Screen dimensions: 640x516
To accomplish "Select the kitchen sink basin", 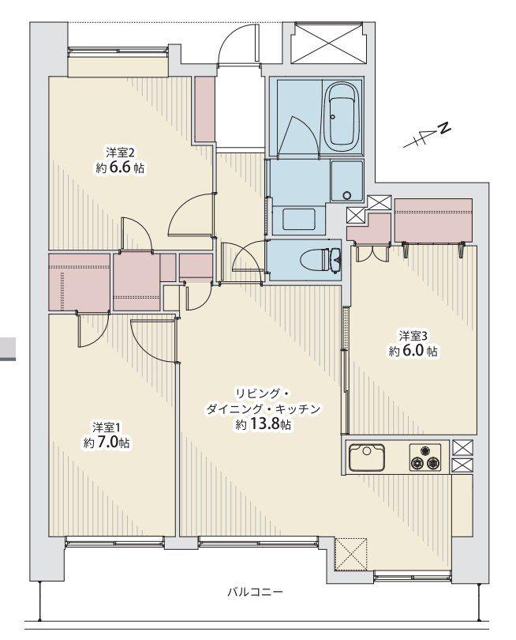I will coord(366,457).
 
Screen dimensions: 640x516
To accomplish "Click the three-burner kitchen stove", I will coord(424,458).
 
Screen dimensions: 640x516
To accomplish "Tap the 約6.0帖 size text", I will coord(412,351).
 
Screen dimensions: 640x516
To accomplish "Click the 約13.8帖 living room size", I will coord(264,425).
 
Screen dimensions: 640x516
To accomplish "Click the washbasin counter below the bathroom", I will coord(297,218).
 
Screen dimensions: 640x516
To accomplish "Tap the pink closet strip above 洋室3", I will coord(433,220).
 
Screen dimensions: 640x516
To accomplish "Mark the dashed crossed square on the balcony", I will coord(351,552).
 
